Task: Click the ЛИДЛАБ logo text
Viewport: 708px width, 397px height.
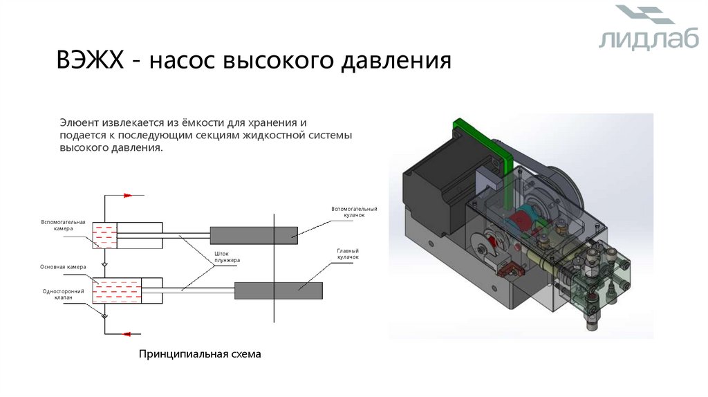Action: pos(639,40)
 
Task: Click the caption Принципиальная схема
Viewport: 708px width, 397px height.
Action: pos(201,354)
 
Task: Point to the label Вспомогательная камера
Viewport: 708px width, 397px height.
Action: pos(63,225)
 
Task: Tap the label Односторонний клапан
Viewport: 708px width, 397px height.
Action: pos(63,294)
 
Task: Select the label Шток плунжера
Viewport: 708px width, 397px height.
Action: pos(227,257)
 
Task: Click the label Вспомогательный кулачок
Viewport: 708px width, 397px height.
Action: pos(354,212)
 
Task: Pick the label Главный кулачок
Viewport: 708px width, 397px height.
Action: pos(348,254)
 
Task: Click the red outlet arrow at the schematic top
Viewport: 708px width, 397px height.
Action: pos(127,196)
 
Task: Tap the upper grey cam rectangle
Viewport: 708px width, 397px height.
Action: pos(253,235)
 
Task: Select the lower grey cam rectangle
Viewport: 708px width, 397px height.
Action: pos(278,290)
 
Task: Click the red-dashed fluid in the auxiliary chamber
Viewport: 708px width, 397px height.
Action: pos(104,235)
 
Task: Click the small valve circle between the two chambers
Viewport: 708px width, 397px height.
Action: pos(104,264)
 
